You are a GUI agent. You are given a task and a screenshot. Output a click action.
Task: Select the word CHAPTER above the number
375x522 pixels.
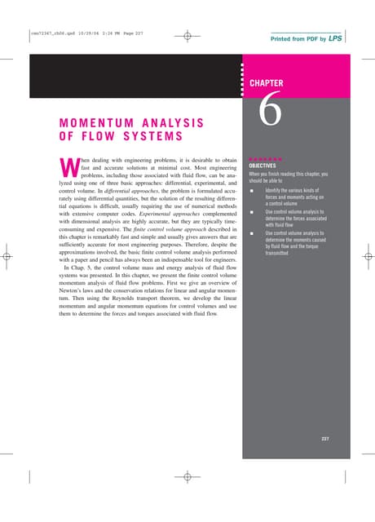click(x=266, y=83)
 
